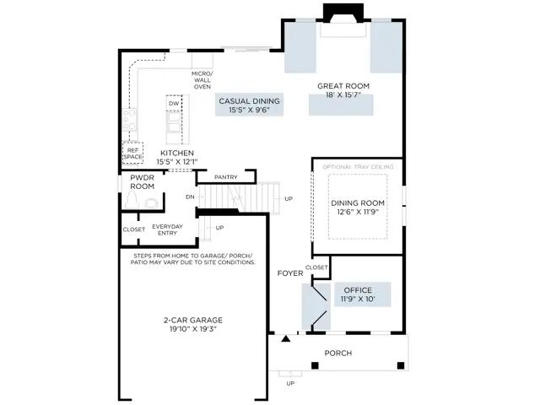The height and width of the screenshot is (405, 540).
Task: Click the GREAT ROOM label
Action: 343,86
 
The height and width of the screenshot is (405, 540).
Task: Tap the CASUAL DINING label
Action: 250,101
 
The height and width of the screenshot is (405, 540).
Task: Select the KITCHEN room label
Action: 177,153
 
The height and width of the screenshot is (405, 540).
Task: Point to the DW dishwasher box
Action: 174,103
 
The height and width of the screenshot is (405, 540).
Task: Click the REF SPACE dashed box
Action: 133,154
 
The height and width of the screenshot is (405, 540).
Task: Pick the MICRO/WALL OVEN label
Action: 202,80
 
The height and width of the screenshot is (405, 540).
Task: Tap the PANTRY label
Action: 226,177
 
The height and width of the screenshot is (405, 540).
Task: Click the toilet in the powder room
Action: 132,200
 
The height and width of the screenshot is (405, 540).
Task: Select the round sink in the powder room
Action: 151,203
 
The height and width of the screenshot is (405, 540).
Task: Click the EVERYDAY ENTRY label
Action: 167,229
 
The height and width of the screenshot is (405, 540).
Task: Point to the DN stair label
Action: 190,197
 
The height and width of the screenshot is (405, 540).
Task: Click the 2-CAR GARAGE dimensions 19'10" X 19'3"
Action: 193,329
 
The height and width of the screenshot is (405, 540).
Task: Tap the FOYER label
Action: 290,273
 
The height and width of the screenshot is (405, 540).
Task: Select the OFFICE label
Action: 358,290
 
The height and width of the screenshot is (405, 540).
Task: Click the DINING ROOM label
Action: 358,203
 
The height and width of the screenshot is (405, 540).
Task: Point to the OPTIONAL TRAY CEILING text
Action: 358,167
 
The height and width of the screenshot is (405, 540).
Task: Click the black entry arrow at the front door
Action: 285,339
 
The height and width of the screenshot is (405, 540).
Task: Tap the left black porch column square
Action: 315,365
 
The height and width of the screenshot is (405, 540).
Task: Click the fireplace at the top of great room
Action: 343,20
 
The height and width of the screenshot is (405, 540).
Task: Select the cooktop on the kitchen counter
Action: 129,120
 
